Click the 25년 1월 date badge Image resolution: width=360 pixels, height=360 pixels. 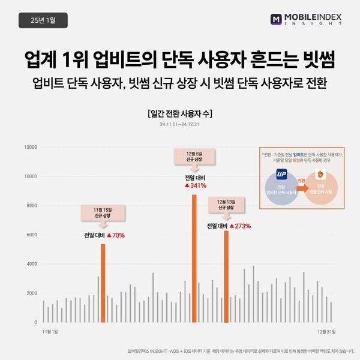pos(43,20)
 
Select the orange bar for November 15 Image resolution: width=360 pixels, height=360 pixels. pos(103,283)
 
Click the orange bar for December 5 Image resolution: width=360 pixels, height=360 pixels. pos(194,258)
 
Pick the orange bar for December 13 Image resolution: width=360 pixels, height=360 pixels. pos(226,276)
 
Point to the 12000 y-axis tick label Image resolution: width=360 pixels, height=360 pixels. pos(30,147)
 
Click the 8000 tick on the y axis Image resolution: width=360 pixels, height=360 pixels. pos(31,205)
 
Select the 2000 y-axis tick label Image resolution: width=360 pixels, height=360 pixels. pos(31,293)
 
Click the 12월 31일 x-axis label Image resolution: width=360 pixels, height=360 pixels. pos(325,331)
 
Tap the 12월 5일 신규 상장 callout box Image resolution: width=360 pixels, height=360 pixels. pos(194,157)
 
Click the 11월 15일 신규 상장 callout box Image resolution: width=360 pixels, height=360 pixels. pos(103,212)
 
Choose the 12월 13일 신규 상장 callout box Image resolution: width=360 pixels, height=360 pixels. pos(226,204)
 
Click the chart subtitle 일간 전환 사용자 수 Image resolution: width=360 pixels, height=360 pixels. pos(179,113)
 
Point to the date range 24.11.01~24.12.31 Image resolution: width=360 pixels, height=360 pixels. pos(179,125)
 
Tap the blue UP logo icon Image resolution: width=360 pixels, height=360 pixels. pos(282,175)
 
